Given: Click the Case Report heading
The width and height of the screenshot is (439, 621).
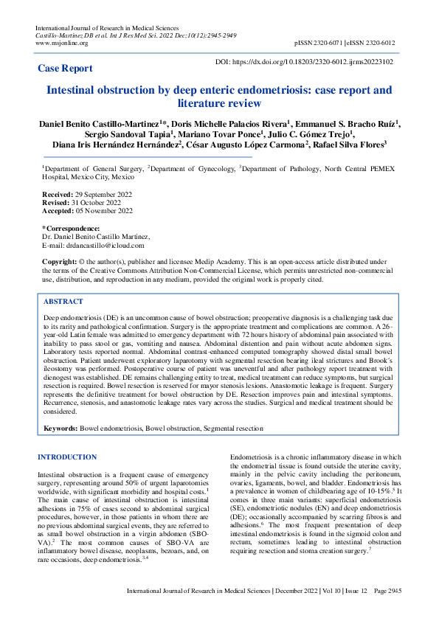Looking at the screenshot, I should [x=66, y=69].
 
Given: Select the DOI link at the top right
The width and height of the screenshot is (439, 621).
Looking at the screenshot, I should [x=303, y=63].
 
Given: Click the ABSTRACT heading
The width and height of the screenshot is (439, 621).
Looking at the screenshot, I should [x=63, y=302].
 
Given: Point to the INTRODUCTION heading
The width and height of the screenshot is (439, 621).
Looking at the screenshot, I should [x=67, y=457].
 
